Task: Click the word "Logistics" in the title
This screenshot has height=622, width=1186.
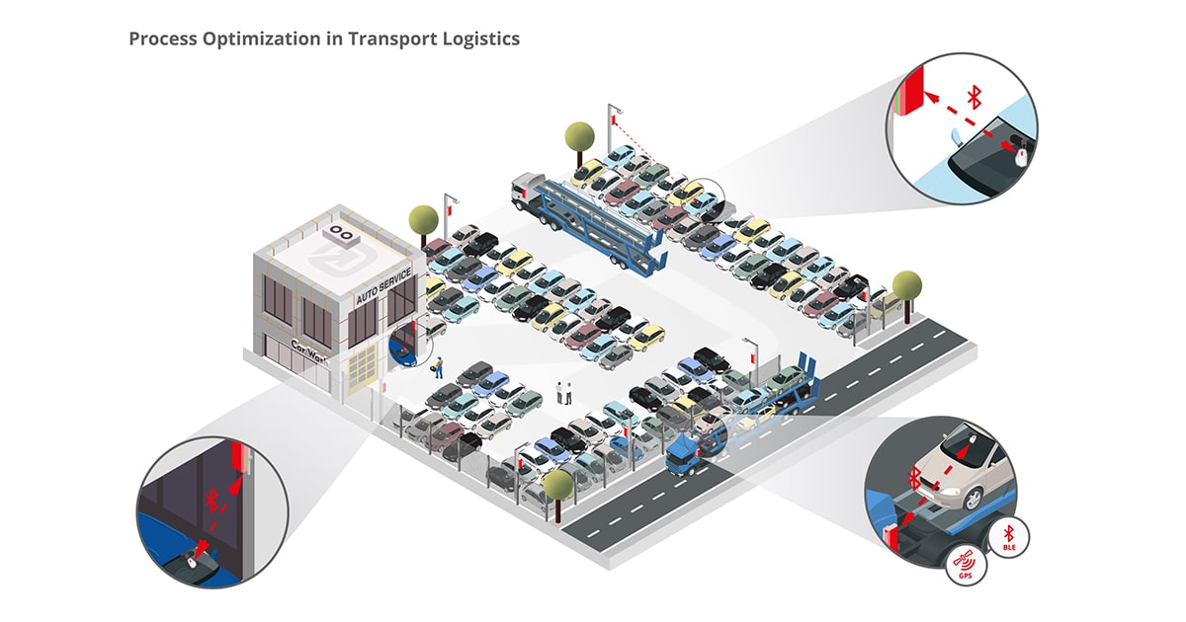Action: click(480, 39)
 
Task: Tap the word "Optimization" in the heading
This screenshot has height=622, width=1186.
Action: click(247, 39)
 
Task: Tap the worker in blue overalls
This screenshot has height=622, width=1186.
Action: click(437, 367)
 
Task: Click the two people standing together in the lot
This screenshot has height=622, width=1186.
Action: click(564, 391)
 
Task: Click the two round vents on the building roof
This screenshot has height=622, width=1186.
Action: click(342, 233)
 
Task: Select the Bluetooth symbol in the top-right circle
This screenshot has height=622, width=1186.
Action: click(974, 96)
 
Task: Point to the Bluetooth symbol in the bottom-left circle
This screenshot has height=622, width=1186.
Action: click(211, 499)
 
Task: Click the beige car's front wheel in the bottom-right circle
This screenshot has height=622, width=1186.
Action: click(973, 500)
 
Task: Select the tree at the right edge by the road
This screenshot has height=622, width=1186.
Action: click(906, 286)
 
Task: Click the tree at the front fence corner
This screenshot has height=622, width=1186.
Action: click(557, 486)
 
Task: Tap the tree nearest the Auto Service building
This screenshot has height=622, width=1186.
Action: click(424, 218)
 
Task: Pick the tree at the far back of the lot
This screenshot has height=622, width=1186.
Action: click(579, 134)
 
